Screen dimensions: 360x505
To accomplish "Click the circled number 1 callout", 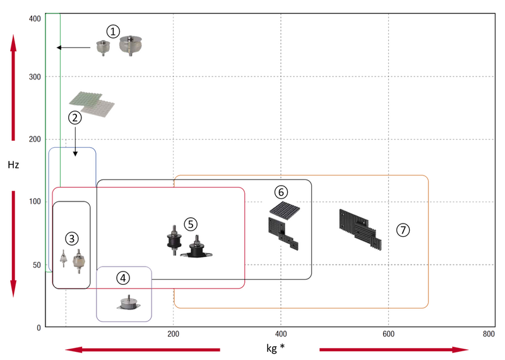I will pyautogui.click(x=112, y=31).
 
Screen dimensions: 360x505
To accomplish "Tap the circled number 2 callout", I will pyautogui.click(x=75, y=117).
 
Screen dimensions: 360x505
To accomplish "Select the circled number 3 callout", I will pyautogui.click(x=72, y=238).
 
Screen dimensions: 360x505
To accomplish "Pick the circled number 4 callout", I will pyautogui.click(x=124, y=277).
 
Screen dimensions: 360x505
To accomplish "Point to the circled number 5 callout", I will pyautogui.click(x=191, y=224).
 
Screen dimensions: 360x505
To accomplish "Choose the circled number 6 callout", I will pyautogui.click(x=281, y=191).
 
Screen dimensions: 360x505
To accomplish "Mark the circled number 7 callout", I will pyautogui.click(x=403, y=230).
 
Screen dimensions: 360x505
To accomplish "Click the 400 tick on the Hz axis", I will pyautogui.click(x=34, y=18).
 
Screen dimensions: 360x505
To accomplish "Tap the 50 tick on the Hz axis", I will pyautogui.click(x=36, y=264).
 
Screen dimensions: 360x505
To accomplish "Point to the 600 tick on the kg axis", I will pyautogui.click(x=389, y=333).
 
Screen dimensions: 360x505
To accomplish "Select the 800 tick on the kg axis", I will pyautogui.click(x=487, y=333).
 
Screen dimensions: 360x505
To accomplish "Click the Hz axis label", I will pyautogui.click(x=13, y=165).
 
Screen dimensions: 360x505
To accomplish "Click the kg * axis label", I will pyautogui.click(x=273, y=348).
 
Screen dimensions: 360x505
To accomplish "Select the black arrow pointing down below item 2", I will pyautogui.click(x=75, y=142).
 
